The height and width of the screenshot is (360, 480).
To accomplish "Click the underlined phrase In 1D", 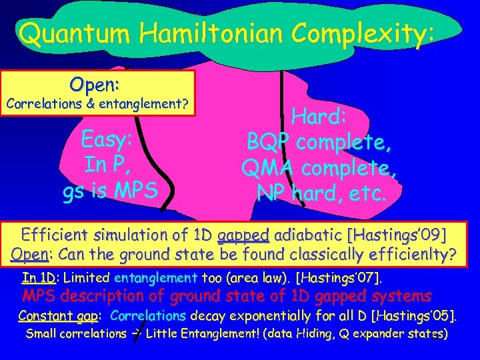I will coord(37,277).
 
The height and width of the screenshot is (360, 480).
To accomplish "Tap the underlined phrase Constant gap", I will coord(61,315).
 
